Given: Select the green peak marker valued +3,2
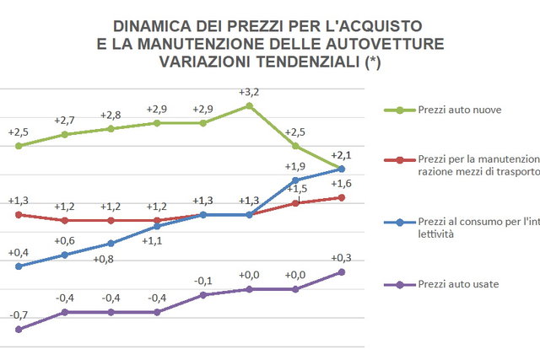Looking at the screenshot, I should (x=249, y=106).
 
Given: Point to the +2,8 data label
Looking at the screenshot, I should (x=111, y=116).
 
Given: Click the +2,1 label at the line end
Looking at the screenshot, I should (x=341, y=155).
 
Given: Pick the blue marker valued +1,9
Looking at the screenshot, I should (x=295, y=180).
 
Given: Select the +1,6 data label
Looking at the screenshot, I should (x=341, y=184).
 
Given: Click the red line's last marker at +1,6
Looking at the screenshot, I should (x=341, y=197).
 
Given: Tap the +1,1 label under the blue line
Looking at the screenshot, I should (x=153, y=241).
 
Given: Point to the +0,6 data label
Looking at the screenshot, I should (x=65, y=241).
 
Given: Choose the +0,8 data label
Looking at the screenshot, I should (x=111, y=259).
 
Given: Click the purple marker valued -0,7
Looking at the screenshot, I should (x=19, y=329).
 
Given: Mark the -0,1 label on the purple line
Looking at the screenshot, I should (x=202, y=281).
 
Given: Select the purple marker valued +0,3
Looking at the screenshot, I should (x=341, y=271).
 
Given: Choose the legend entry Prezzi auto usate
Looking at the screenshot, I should (x=458, y=285).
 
